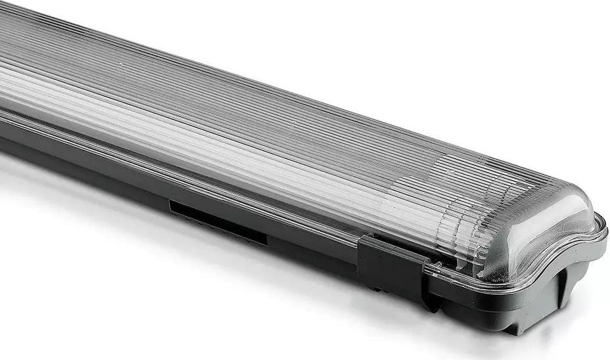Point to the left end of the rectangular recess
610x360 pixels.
172,208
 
